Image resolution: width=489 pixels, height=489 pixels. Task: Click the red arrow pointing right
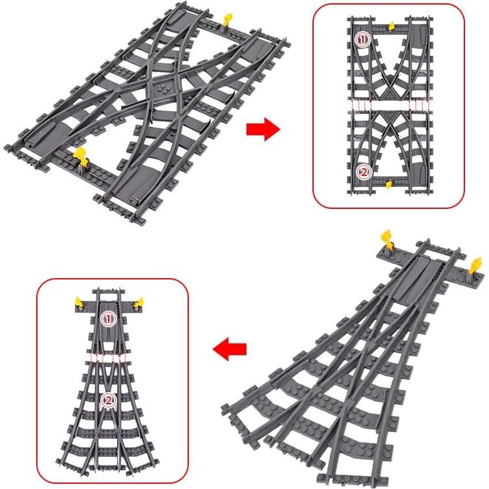(x=263, y=129)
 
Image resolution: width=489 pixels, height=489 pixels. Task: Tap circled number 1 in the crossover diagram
(x=362, y=40)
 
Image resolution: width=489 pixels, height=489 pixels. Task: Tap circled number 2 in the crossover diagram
(x=363, y=172)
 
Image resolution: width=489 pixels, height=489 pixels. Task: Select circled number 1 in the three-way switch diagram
(x=109, y=318)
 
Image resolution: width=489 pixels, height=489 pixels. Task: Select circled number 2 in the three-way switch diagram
(x=109, y=401)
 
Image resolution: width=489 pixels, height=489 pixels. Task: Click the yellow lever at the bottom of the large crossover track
(x=81, y=155)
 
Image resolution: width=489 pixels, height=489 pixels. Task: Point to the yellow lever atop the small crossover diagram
(x=392, y=26)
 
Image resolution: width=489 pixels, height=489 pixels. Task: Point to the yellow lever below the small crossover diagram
(x=388, y=186)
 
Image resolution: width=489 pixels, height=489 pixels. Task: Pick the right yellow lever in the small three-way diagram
(x=136, y=300)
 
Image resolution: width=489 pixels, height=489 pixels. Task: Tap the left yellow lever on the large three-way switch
(x=389, y=239)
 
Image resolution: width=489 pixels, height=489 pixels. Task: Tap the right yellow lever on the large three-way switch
(x=477, y=265)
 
